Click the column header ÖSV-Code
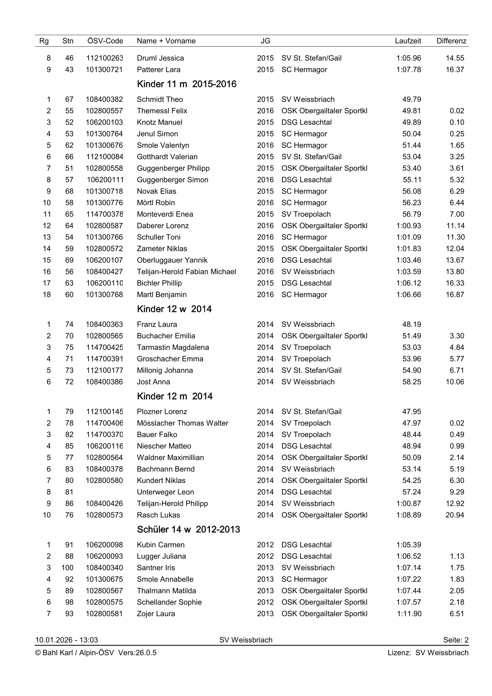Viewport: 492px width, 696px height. click(x=105, y=41)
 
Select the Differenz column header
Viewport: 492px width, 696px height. click(x=451, y=41)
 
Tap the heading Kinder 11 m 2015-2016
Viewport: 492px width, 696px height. click(x=186, y=84)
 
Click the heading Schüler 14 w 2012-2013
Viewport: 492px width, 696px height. click(x=188, y=530)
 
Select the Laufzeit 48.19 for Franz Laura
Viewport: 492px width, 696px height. click(x=411, y=324)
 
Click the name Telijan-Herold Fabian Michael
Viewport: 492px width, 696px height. click(x=186, y=272)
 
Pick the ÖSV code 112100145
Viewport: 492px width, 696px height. click(x=105, y=411)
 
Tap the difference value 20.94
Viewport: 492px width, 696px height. click(x=454, y=515)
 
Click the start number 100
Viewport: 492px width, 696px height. click(x=67, y=568)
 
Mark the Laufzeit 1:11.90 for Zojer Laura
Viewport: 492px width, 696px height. click(x=409, y=614)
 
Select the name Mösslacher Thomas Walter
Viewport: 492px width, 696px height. click(x=182, y=423)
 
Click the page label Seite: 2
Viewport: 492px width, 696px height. click(x=456, y=640)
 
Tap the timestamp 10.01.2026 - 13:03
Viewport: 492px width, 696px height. click(x=67, y=640)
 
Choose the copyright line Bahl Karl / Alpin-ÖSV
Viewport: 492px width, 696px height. click(x=96, y=653)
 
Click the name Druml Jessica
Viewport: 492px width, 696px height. click(x=160, y=58)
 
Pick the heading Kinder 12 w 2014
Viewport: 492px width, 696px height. click(x=174, y=309)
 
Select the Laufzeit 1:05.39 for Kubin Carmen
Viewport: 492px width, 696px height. click(x=408, y=545)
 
